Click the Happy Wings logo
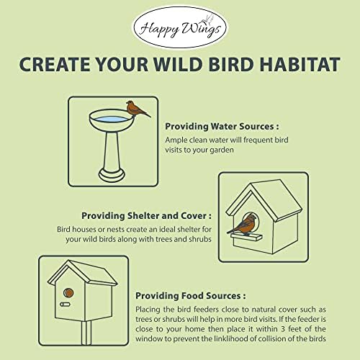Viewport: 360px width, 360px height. pyautogui.click(x=180, y=26)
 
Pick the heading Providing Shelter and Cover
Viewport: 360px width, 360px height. pyautogui.click(x=147, y=215)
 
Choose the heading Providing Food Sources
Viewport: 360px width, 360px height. pyautogui.click(x=190, y=295)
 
